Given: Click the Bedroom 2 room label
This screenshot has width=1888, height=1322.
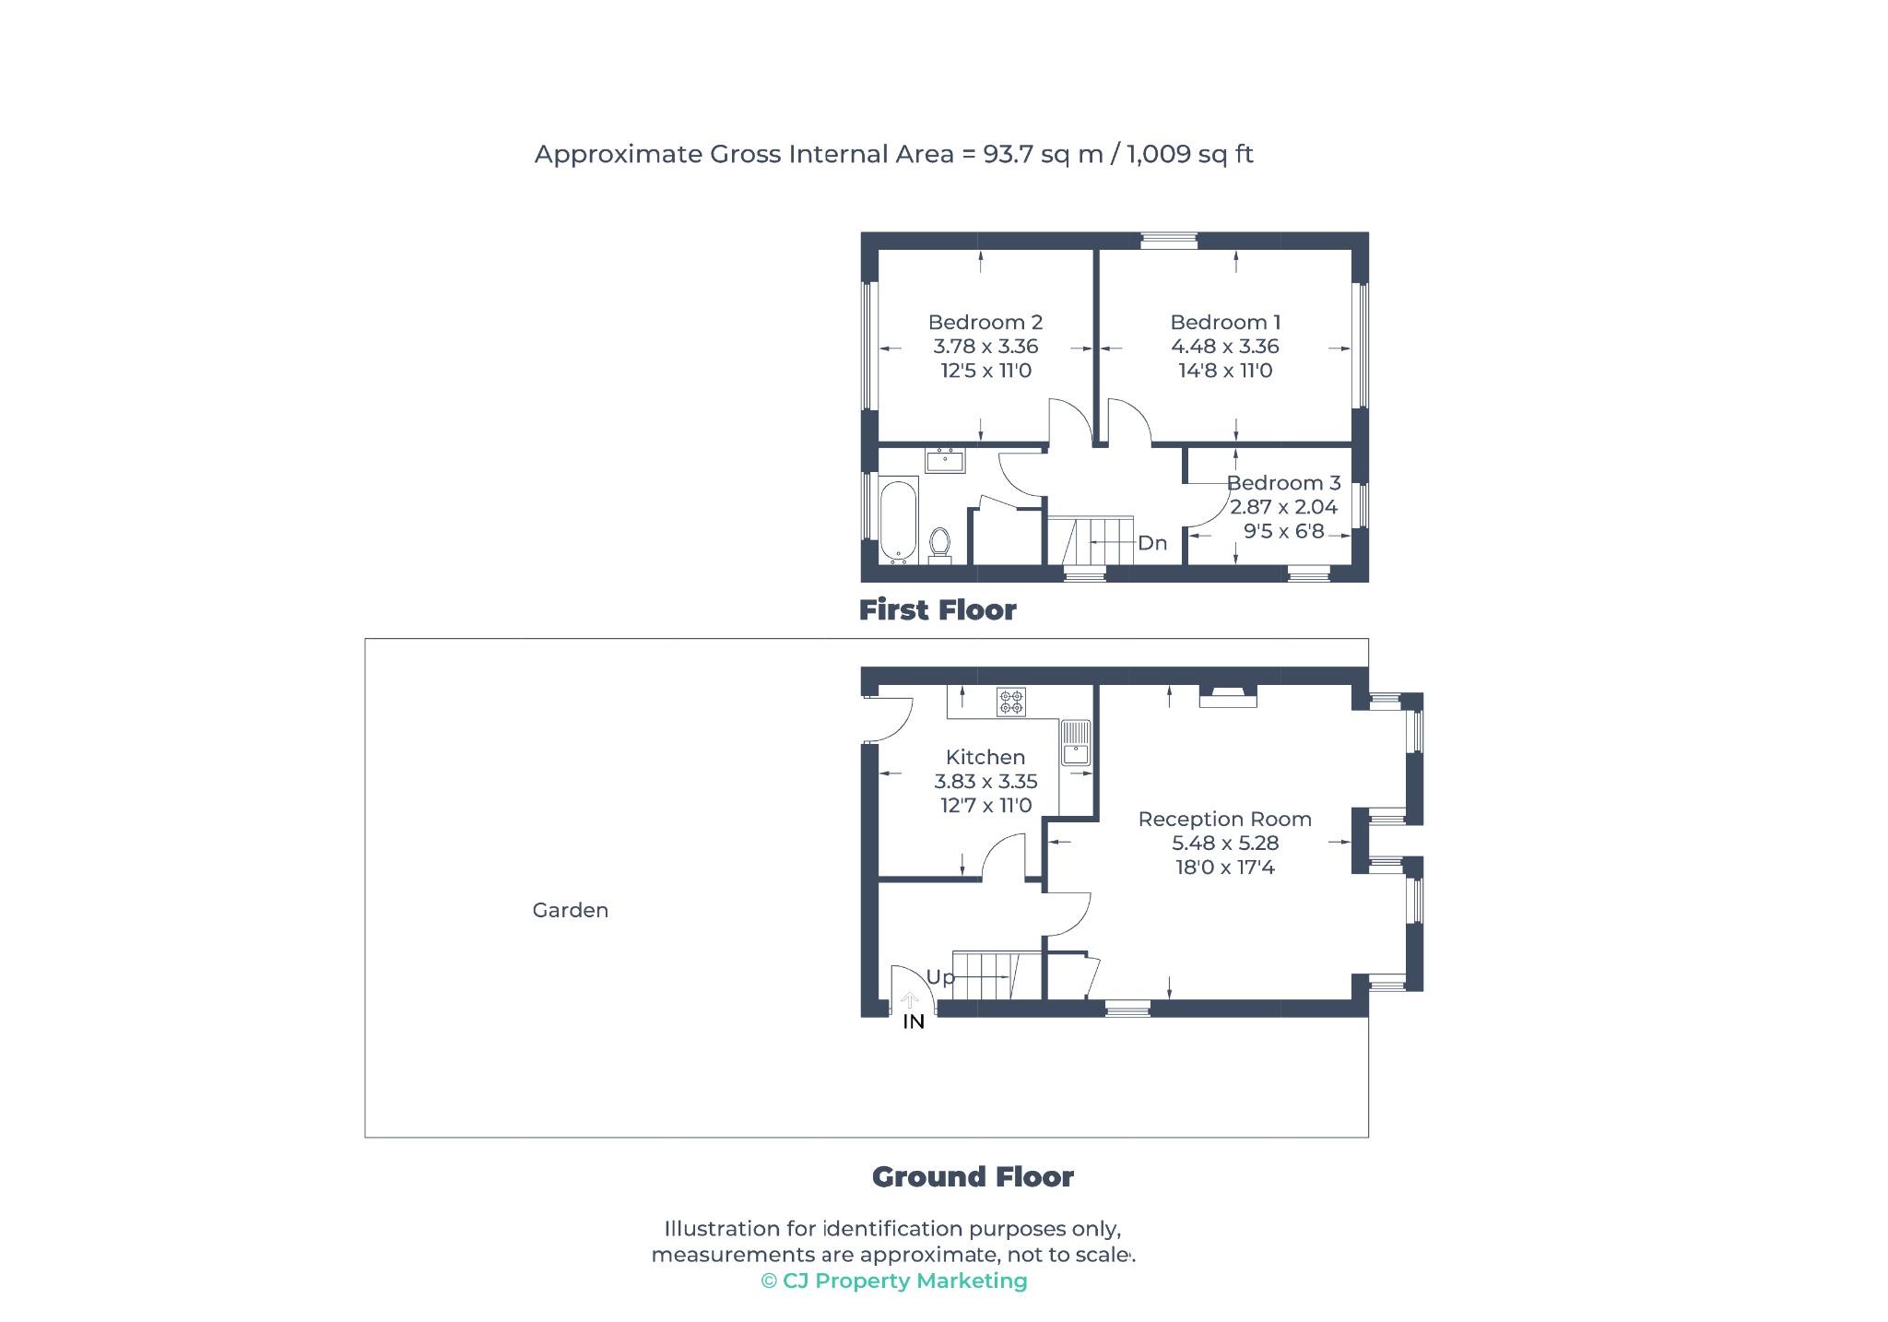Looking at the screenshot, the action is (985, 323).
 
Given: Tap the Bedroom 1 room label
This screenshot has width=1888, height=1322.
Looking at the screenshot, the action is (1225, 323).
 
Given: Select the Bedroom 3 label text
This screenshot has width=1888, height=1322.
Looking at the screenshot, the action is (1283, 483).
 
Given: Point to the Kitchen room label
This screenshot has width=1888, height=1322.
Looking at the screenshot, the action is (985, 757).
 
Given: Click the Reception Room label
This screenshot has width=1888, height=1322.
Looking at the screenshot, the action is (1224, 819).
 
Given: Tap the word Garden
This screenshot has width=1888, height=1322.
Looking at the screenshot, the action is (571, 910).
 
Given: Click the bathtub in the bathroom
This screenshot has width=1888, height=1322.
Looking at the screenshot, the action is (898, 519).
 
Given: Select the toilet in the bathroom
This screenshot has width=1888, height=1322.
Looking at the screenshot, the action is (939, 543).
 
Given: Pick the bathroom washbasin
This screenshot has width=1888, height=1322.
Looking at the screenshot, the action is (945, 459).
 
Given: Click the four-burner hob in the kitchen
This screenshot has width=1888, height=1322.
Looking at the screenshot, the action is (1011, 702).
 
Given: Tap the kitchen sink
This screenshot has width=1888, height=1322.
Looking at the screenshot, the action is (1076, 743).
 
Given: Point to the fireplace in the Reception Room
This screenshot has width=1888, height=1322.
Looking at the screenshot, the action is (1228, 696).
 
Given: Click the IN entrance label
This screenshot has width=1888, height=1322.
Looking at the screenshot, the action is (914, 1021).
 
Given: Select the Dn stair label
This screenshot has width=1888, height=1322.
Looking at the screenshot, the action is (1152, 543).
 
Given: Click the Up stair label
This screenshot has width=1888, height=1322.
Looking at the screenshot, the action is (940, 977).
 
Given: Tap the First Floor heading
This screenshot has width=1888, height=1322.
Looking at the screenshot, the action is (938, 609).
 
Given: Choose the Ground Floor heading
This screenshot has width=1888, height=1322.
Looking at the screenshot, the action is (973, 1176).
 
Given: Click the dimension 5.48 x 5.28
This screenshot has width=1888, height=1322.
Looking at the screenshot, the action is (1225, 843).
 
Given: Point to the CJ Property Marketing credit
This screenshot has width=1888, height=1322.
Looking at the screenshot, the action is (894, 1281).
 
